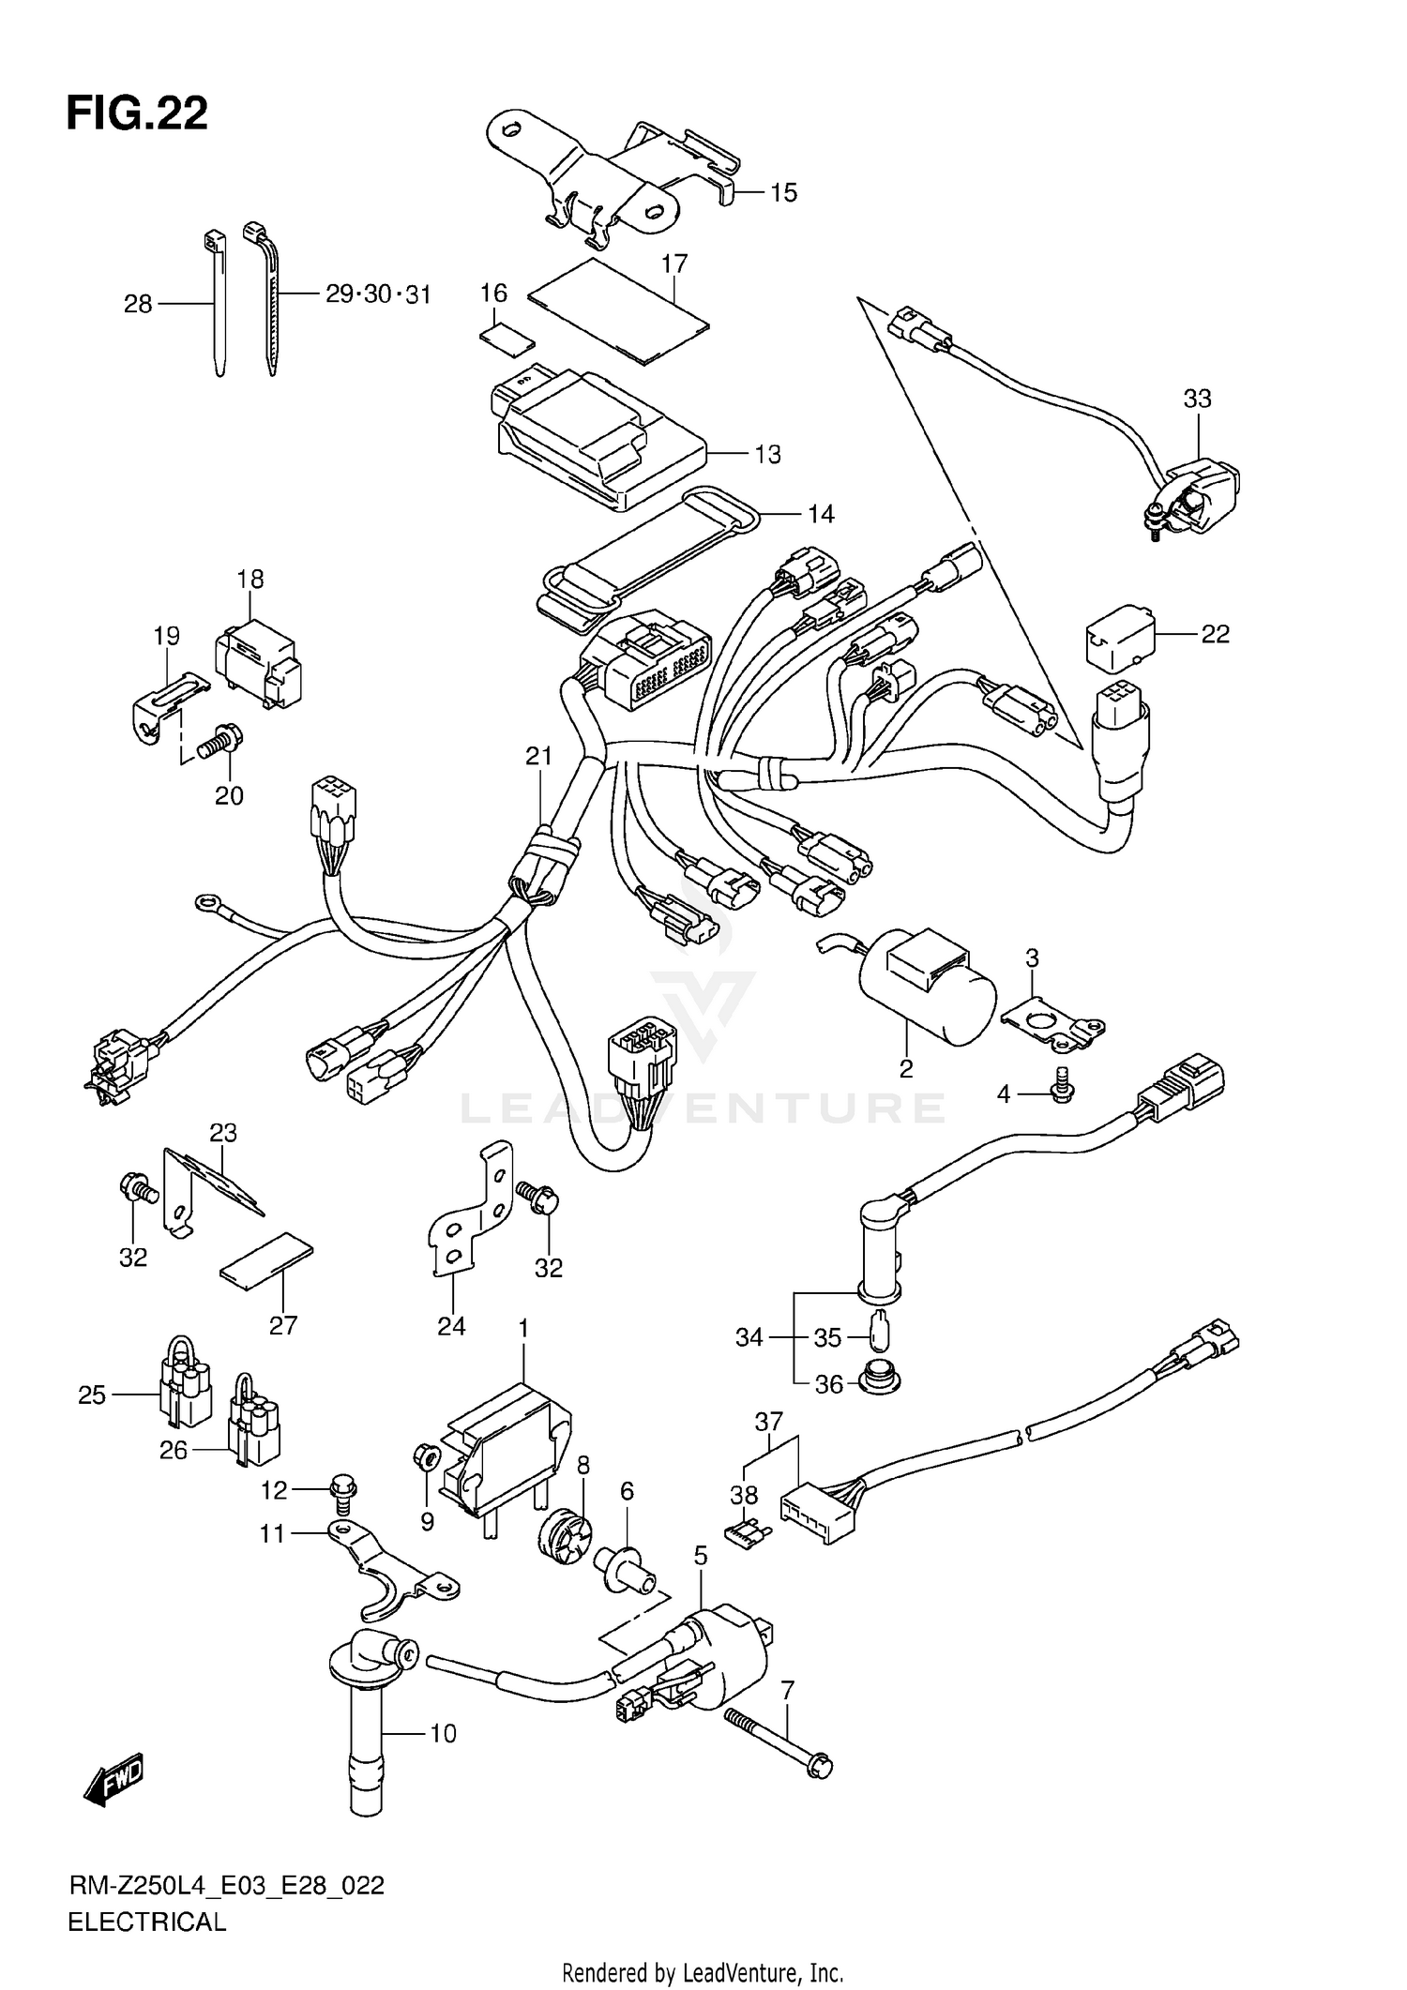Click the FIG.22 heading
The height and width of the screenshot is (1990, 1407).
pyautogui.click(x=137, y=113)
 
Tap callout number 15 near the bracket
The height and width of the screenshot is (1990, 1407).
pyautogui.click(x=783, y=192)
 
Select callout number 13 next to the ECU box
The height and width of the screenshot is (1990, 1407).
pyautogui.click(x=767, y=454)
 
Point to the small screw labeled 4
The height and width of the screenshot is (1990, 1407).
pyautogui.click(x=1064, y=1086)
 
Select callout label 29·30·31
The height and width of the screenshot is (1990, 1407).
pyautogui.click(x=378, y=294)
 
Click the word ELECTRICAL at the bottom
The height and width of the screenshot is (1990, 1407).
pyautogui.click(x=147, y=1922)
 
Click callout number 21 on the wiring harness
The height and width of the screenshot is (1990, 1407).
pyautogui.click(x=538, y=756)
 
